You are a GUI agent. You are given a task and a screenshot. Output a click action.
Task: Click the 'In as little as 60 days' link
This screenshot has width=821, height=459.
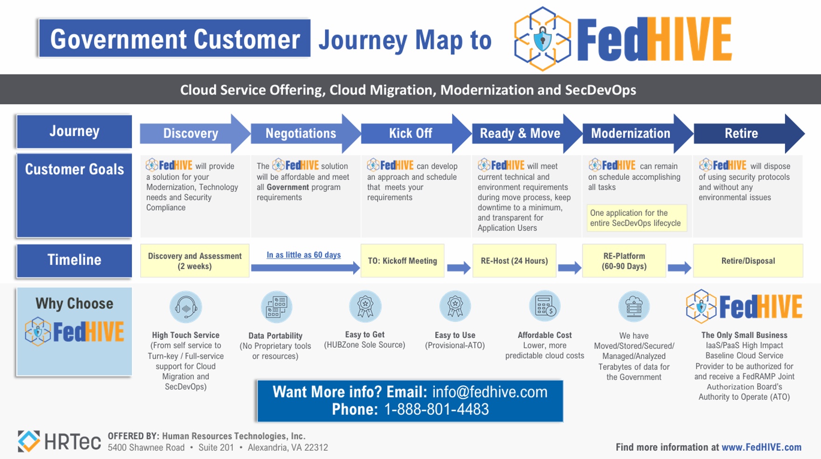pos(304,255)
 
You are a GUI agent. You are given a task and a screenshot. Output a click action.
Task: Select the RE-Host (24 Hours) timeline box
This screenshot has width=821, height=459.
pos(515,261)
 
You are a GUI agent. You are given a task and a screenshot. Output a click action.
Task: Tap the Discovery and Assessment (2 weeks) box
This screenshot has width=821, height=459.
pos(195,261)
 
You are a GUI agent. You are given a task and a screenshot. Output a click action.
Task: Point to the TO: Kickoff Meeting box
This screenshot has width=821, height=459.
pos(403,261)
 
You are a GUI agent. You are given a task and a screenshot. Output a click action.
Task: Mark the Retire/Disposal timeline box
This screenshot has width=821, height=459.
pos(748,261)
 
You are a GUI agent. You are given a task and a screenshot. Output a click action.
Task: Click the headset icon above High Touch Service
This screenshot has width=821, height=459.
pos(186,307)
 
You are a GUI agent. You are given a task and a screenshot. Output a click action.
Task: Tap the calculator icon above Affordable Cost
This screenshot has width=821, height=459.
pos(545,306)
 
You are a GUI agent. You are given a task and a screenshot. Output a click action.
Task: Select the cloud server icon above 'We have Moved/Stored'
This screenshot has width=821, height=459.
pos(634,307)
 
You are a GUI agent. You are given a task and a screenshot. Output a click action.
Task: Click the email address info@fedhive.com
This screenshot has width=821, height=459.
pos(490,392)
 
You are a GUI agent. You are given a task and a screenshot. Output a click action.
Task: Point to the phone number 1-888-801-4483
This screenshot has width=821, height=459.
pos(436,409)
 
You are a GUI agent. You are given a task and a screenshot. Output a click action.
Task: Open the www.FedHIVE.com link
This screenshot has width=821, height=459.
pos(761,447)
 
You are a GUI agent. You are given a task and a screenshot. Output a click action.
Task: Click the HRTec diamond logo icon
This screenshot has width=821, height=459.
pos(28,441)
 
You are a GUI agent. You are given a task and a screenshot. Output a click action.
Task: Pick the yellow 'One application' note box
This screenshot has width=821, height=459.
pos(637,218)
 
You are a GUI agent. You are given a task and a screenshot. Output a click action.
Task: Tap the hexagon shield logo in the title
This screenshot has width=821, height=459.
pos(543,39)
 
